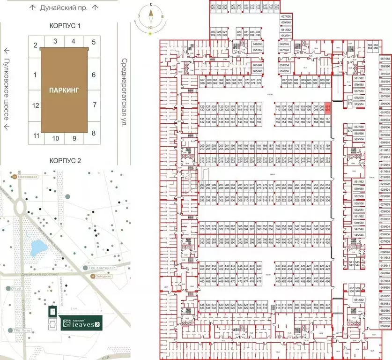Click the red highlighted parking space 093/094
328,108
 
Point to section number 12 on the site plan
35,105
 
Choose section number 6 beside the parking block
94,75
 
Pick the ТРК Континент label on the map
100,268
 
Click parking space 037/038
286,16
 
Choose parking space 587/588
385,58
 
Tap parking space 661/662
359,299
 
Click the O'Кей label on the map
13,288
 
